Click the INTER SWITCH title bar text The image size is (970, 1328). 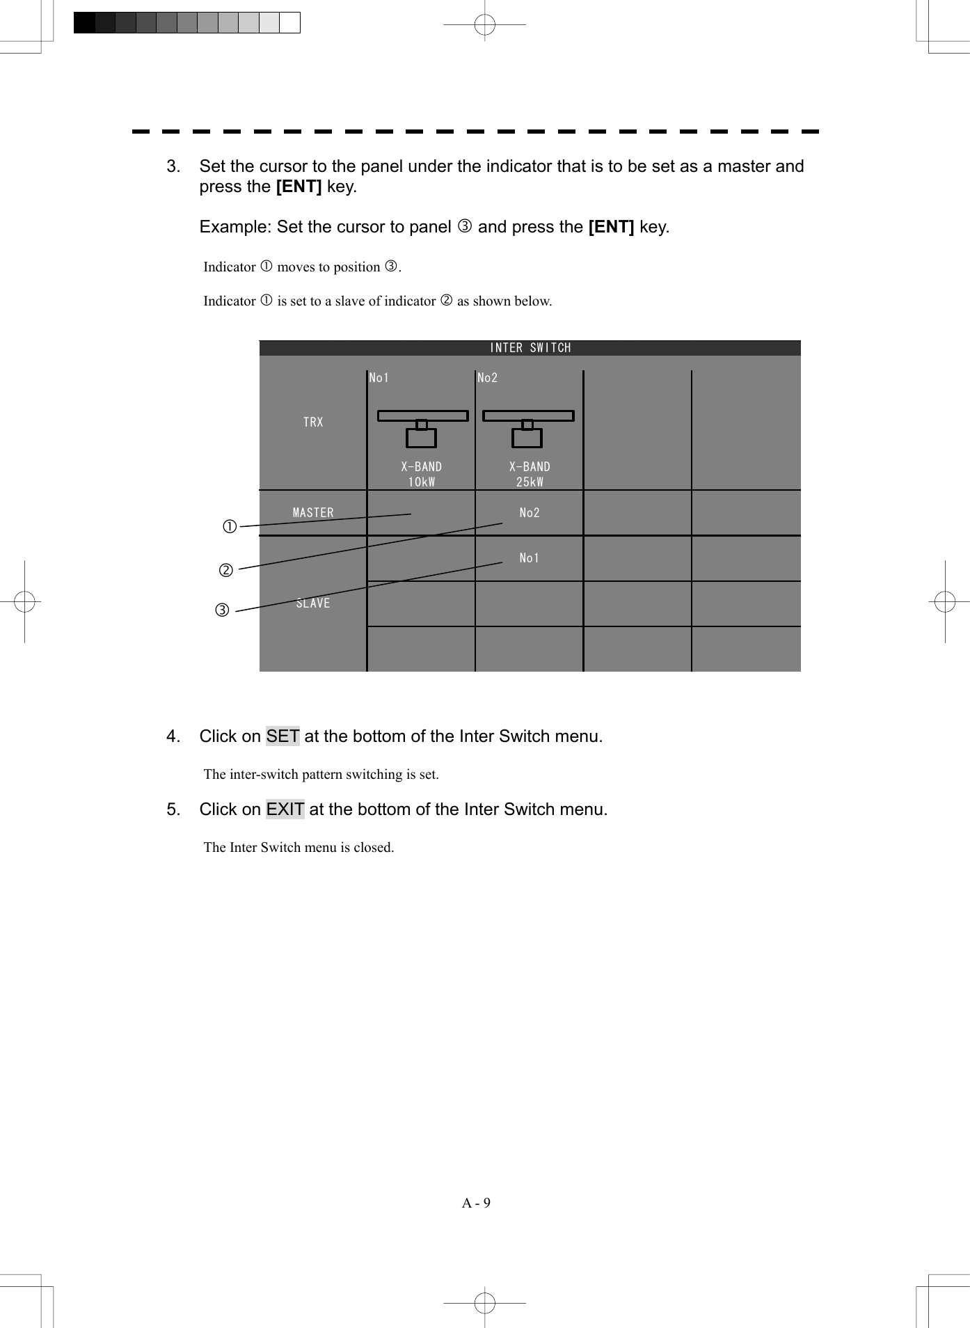point(530,348)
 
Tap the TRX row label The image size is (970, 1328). point(313,422)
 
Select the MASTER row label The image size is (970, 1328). point(313,513)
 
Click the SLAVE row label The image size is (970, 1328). point(313,603)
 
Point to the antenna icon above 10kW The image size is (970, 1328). point(422,428)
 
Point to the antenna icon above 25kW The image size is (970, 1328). point(528,428)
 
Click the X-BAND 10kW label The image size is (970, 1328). point(421,474)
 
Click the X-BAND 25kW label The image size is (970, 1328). point(530,474)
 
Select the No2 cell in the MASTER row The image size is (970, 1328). point(530,513)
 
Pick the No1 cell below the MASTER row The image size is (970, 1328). point(530,558)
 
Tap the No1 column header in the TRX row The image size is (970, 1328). point(379,378)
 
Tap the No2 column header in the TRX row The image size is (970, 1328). point(488,378)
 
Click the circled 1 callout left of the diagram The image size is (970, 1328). point(230,526)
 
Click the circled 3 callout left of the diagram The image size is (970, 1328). point(222,611)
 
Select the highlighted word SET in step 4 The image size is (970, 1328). point(283,736)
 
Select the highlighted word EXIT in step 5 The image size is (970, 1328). point(285,809)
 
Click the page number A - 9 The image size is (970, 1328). point(476,1203)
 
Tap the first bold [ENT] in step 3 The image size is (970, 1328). point(299,187)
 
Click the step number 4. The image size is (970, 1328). point(173,736)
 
